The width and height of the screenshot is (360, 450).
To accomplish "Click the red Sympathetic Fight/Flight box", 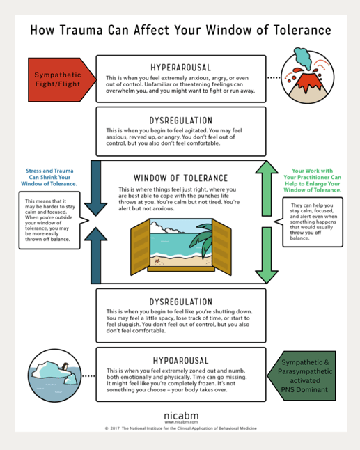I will coord(58,79).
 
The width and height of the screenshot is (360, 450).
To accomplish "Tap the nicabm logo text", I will coord(180,416).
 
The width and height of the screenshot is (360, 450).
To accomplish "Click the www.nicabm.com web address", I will coord(180,422).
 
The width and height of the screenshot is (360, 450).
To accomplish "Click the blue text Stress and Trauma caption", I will coord(49,178).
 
